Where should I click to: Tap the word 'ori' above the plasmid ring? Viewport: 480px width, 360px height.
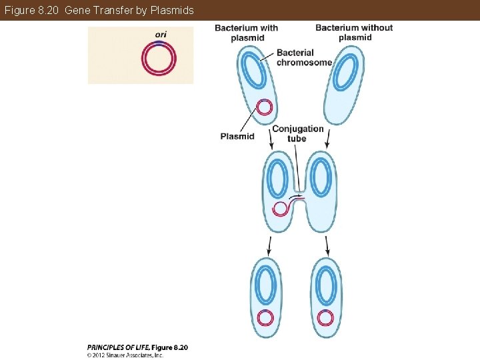point(161,35)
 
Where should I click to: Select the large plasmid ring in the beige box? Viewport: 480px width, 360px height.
point(159,59)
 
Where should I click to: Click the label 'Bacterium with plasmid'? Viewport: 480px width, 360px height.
point(247,33)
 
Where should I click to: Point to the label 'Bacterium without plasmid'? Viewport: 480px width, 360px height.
point(354,32)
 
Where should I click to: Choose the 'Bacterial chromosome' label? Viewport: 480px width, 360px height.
point(303,57)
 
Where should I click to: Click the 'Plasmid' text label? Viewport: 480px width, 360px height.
point(237,136)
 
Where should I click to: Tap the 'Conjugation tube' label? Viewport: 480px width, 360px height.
point(297,133)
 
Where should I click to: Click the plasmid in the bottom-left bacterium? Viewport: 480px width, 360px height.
point(265,317)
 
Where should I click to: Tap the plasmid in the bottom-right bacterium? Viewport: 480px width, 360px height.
point(325,317)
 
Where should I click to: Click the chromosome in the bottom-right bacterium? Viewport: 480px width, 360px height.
point(325,286)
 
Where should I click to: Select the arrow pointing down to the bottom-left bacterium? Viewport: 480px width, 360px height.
point(269,246)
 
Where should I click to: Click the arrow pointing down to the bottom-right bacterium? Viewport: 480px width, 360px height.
point(327,246)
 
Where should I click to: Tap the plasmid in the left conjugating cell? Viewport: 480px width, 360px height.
point(281,209)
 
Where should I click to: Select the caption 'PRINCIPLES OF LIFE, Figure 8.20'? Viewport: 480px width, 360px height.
point(138,347)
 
